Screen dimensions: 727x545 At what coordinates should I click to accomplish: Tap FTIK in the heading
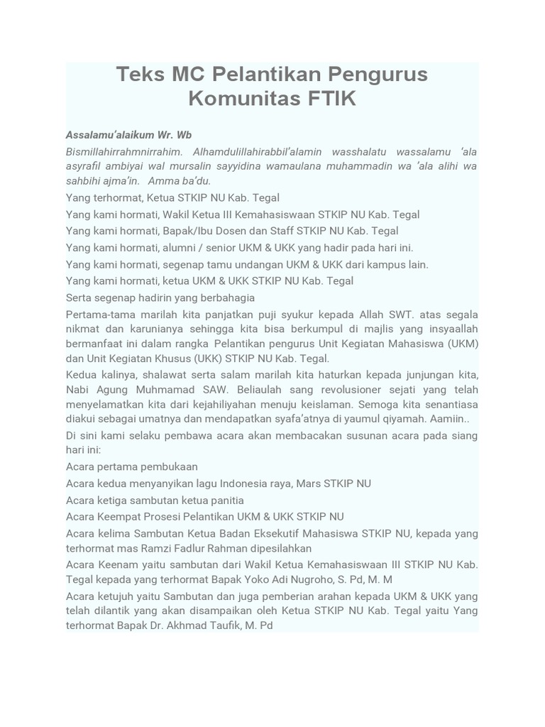[x=322, y=99]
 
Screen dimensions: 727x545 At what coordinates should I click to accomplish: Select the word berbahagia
[x=226, y=297]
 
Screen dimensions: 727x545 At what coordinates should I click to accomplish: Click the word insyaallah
[x=446, y=329]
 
